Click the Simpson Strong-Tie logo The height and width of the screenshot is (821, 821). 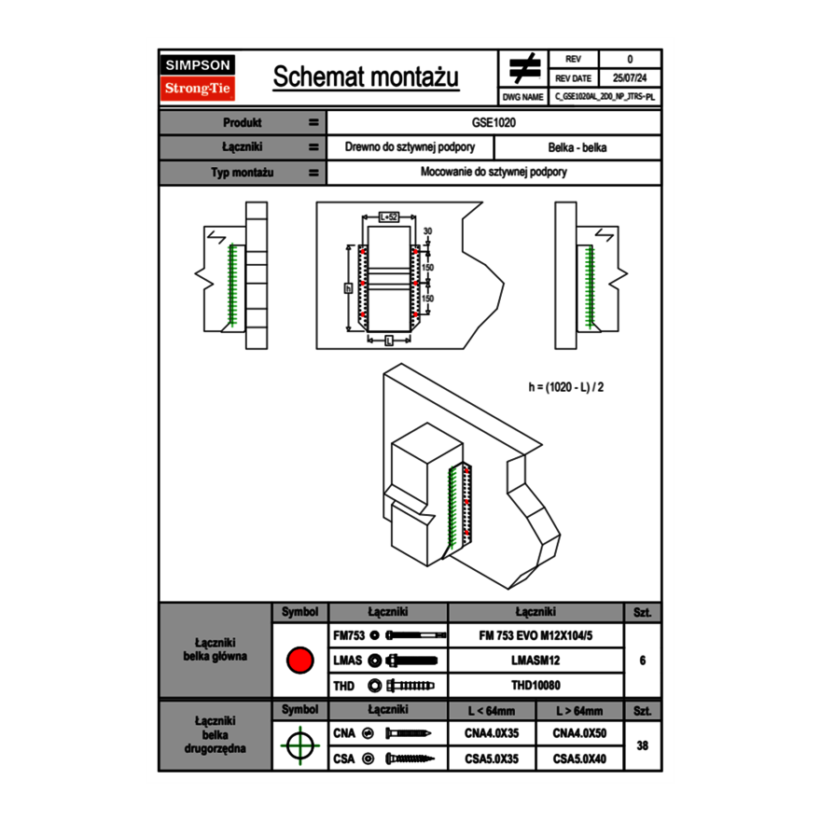tap(199, 77)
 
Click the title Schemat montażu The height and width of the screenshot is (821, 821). tap(366, 77)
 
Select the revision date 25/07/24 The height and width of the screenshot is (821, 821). tap(630, 78)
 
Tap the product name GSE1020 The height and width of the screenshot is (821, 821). tap(494, 122)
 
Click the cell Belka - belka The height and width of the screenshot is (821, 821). tap(577, 147)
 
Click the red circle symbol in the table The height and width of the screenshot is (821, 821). tap(299, 661)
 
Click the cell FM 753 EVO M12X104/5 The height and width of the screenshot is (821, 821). tap(536, 635)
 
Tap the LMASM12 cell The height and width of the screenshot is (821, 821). tap(536, 661)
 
